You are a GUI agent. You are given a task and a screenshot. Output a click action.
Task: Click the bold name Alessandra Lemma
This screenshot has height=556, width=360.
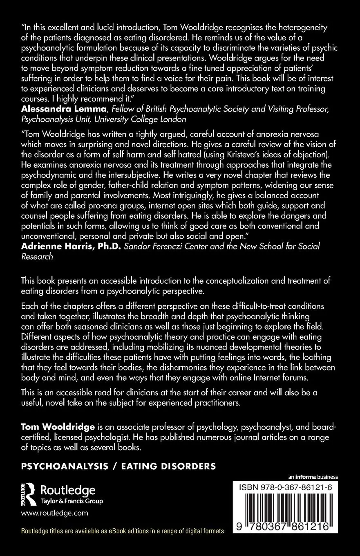[x=56, y=110]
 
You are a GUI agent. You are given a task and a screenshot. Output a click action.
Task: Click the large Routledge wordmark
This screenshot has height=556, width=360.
[x=68, y=490]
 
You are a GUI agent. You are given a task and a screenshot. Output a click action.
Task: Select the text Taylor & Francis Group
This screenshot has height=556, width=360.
[x=72, y=501]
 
